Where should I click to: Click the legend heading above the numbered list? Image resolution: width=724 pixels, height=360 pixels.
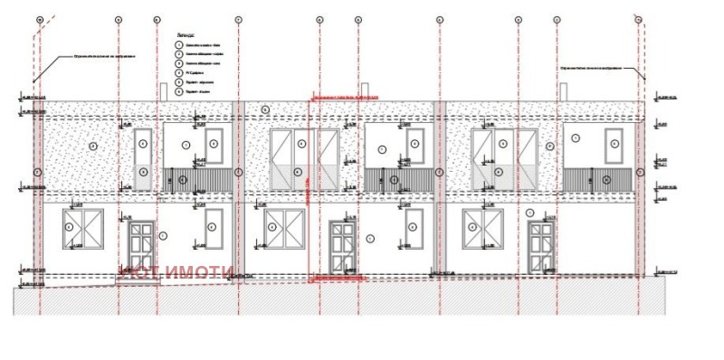point(185,33)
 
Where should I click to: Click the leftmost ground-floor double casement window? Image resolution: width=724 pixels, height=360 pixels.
point(82,229)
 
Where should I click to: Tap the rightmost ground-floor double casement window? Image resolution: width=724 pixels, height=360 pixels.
point(483,229)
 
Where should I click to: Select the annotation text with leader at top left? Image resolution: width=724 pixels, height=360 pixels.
point(104,56)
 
